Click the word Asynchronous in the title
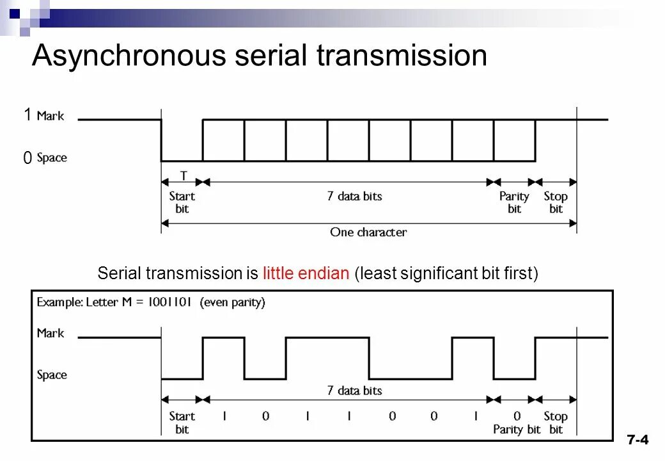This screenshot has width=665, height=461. (128, 56)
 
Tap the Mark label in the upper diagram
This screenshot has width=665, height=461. (51, 116)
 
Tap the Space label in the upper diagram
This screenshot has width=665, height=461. (52, 158)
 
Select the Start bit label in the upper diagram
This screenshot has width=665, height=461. (182, 202)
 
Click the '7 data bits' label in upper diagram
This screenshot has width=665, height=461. (354, 196)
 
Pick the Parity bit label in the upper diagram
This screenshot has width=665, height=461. (514, 202)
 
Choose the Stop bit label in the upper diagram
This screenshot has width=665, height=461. (556, 202)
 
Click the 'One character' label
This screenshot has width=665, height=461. (368, 232)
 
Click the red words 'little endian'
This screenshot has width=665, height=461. (306, 274)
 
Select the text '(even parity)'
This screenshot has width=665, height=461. (233, 302)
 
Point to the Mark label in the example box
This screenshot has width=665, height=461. (51, 333)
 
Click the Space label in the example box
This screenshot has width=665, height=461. (52, 375)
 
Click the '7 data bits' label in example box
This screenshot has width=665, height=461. (354, 391)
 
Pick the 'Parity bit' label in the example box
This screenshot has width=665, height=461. (517, 429)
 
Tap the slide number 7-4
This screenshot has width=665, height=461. (638, 439)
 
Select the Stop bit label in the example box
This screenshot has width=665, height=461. (556, 423)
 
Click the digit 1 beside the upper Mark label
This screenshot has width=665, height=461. (27, 115)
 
